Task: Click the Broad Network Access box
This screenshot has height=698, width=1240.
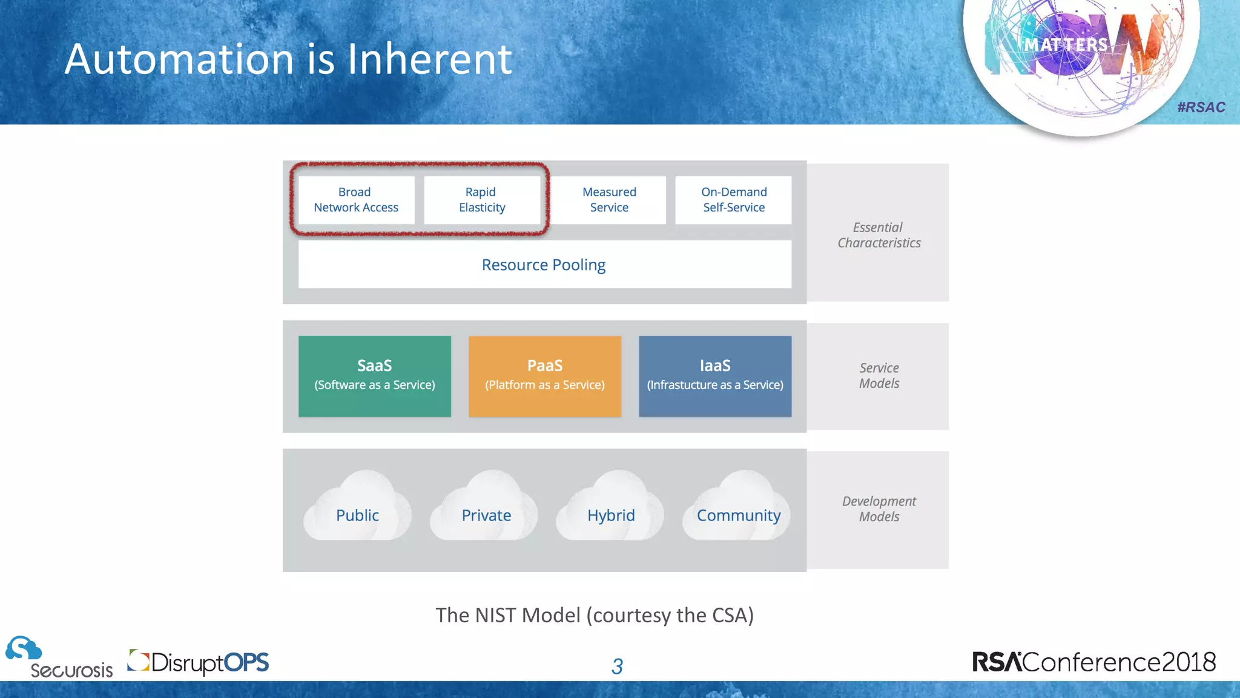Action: coord(356,200)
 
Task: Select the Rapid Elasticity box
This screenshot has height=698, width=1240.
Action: coord(482,200)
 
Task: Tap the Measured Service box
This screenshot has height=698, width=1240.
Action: coord(609,200)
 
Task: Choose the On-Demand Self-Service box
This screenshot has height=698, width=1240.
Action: coord(734,200)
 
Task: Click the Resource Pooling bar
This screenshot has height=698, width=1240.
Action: coord(544,265)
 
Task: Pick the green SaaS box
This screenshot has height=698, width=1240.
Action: coord(375,376)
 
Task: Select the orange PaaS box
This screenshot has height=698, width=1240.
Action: coord(545,376)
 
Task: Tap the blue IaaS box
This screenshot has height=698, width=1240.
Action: coord(715,376)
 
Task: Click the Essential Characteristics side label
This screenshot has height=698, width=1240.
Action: coord(879,235)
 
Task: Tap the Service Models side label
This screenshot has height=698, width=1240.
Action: coord(879,376)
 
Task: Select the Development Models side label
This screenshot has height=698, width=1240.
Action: coord(879,509)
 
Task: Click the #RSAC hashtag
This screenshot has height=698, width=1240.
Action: coord(1201,107)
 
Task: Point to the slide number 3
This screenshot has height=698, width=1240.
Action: coord(617,666)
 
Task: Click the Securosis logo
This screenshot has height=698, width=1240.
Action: coord(59,658)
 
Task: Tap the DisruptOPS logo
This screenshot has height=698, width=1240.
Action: coord(199,662)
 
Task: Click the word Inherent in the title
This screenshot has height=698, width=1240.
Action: coord(429,59)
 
